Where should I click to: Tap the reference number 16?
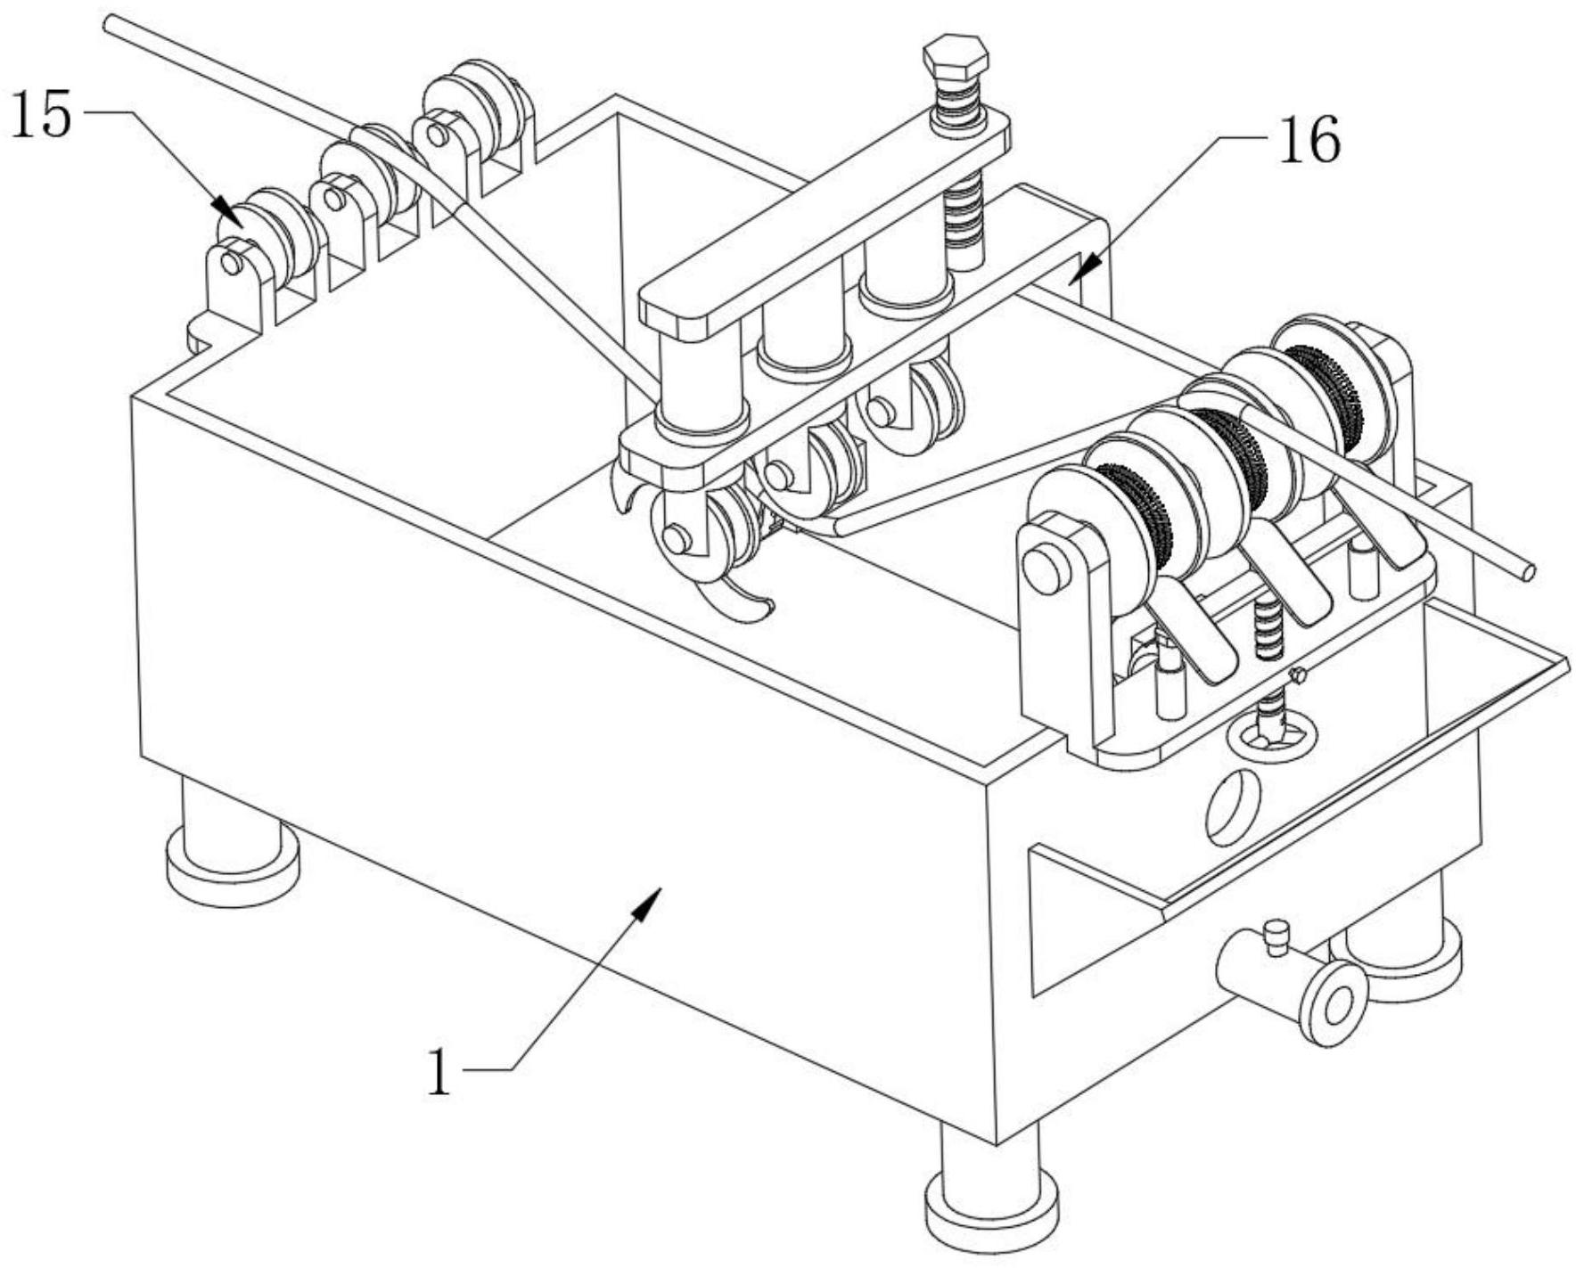coord(1309,141)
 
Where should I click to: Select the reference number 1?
coord(439,1072)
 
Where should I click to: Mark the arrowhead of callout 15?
coord(226,210)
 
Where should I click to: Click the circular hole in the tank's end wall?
coord(1233,807)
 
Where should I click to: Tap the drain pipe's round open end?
coord(1334,1004)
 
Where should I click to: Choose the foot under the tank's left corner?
coord(233,842)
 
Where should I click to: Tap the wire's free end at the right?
coord(1527,572)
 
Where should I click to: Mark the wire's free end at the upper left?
coord(110,22)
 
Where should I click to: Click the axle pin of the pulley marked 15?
coord(231,264)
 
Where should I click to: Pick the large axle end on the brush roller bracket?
coord(1046,569)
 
